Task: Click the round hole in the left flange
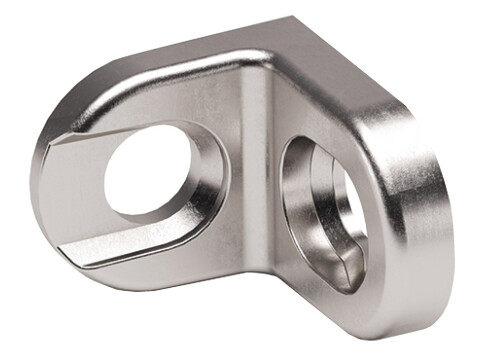coord(150,173)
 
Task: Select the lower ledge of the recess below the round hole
coord(150,246)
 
